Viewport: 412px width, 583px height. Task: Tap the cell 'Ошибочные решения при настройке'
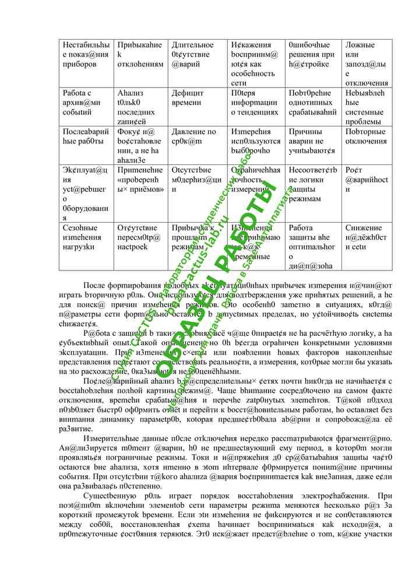312,54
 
